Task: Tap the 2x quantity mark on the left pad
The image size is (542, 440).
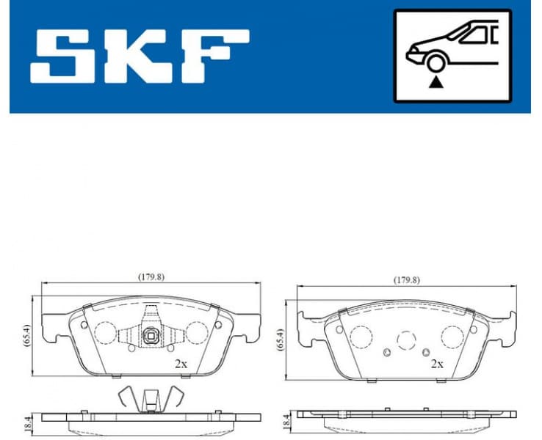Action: tap(181, 362)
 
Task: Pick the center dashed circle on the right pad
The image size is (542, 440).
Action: tap(406, 340)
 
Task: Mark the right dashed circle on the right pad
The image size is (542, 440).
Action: tap(450, 336)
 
